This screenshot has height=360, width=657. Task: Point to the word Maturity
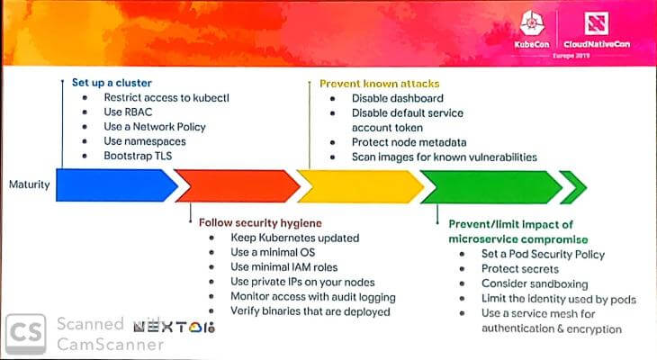coord(30,185)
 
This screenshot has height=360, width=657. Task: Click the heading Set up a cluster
coord(111,82)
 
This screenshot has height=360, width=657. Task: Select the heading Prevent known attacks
coord(379,83)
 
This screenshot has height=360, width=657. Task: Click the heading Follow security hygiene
coord(260,222)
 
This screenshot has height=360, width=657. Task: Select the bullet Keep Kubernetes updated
coord(294,238)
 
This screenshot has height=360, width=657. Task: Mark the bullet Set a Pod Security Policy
coord(543,254)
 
